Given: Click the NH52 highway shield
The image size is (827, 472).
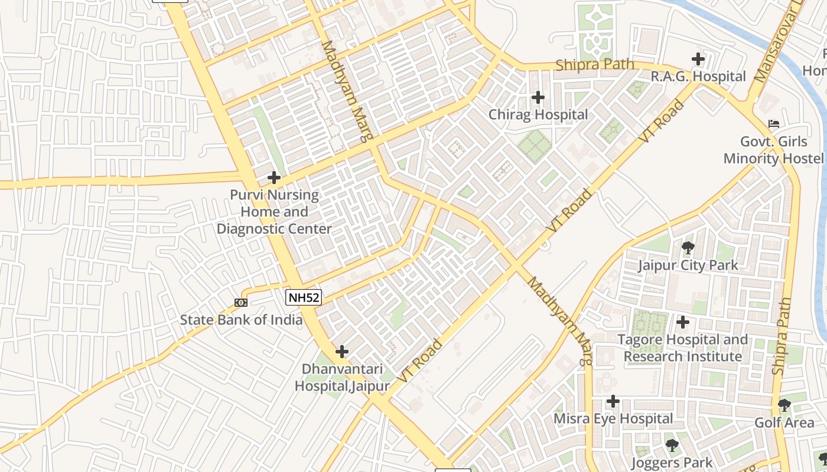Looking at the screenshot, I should [x=304, y=297].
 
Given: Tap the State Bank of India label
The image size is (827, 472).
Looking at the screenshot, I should [x=241, y=320].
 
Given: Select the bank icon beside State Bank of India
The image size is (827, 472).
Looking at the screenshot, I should [x=240, y=303].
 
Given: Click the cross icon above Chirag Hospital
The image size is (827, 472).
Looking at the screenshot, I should [x=538, y=97].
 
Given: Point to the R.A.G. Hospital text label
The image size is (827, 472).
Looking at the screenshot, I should [x=698, y=76].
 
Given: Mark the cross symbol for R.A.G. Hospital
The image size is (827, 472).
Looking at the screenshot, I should [x=698, y=59].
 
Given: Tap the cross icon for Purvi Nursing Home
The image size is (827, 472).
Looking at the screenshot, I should [x=274, y=177].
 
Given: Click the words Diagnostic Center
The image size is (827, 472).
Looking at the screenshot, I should [x=274, y=228].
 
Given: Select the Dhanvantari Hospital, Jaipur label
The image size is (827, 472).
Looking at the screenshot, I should [x=342, y=378].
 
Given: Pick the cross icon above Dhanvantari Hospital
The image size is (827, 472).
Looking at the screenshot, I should [x=341, y=352].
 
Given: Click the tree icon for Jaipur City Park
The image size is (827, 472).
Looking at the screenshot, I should [x=688, y=248].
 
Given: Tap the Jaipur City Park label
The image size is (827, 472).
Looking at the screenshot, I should [x=688, y=265].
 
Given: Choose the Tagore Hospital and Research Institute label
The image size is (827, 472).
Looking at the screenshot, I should [x=682, y=348].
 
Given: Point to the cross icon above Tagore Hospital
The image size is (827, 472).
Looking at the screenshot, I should [x=683, y=322].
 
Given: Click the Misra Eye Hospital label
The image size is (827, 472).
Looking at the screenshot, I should [x=613, y=419].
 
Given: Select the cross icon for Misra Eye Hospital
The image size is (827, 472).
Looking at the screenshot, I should [x=613, y=402].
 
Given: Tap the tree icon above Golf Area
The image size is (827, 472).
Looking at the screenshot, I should [x=784, y=405].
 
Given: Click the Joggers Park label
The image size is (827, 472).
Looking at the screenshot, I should [x=672, y=463].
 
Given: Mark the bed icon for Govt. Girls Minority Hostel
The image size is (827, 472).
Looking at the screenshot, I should [x=773, y=124].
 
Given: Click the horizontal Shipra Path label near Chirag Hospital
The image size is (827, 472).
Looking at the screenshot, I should [x=594, y=64].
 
